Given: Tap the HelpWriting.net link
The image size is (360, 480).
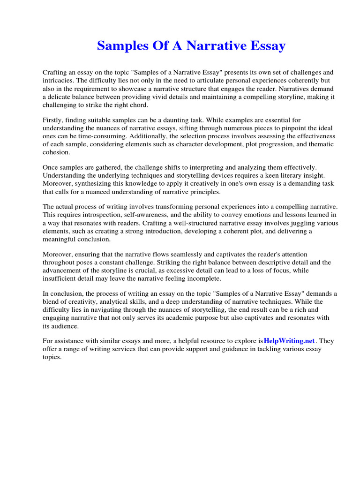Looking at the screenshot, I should (x=290, y=341).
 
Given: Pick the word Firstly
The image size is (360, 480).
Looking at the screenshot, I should (x=53, y=120).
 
